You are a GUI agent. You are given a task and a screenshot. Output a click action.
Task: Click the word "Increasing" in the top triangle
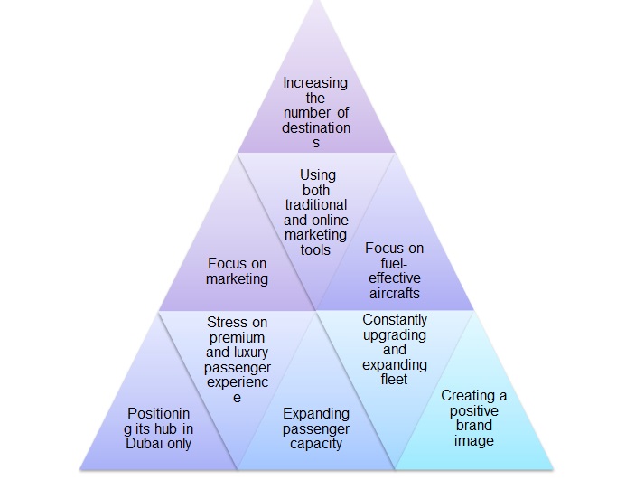tap(315, 82)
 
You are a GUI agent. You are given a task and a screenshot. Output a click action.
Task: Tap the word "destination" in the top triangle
tap(315, 127)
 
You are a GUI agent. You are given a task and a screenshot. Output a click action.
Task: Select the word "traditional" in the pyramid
tap(315, 205)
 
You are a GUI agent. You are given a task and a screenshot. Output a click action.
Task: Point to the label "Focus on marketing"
tap(237, 271)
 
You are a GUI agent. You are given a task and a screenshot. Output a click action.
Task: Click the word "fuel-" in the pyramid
tap(395, 262)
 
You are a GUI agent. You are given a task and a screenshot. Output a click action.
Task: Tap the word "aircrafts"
tap(395, 292)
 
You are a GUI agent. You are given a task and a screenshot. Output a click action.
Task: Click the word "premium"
tap(237, 337)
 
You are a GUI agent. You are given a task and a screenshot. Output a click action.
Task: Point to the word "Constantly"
tap(395, 320)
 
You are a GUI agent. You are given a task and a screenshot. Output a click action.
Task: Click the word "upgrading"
tap(395, 334)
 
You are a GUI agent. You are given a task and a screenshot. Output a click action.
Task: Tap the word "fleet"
tap(395, 379)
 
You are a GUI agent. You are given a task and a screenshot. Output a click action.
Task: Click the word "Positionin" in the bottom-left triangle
tap(159, 413)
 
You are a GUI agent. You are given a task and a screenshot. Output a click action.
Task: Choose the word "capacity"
tap(315, 443)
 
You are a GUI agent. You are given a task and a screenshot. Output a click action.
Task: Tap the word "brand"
tap(474, 426)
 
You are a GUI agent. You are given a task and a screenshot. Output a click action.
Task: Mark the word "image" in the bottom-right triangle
tap(474, 440)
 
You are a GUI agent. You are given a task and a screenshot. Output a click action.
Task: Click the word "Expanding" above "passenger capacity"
tap(315, 413)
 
